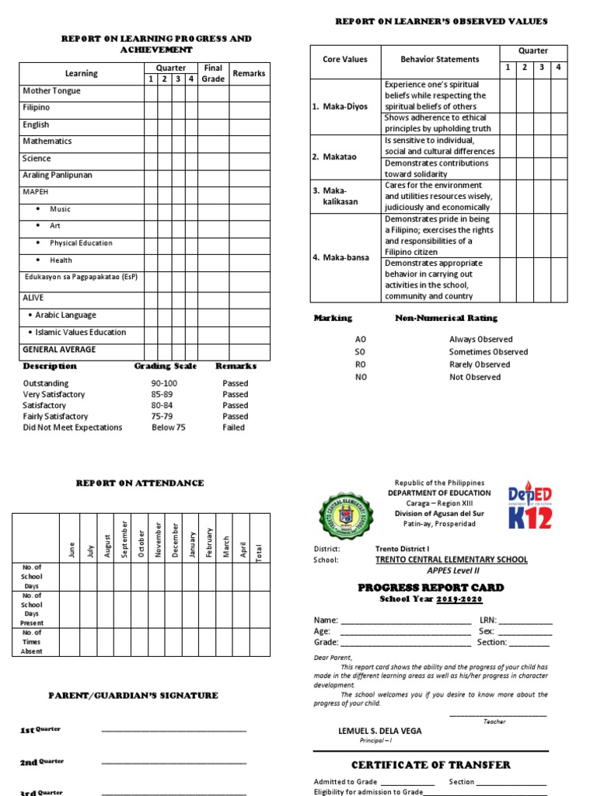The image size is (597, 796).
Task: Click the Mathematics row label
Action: point(47,141)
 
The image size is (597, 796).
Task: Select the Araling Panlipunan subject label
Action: point(58,176)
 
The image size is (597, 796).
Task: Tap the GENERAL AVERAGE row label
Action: point(59,350)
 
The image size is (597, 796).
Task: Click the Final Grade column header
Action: point(213,73)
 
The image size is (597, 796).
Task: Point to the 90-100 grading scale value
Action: point(164,383)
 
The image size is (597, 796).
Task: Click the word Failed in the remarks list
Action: point(233,428)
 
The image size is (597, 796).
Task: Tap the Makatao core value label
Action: point(338,157)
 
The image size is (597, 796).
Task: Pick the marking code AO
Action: point(360,340)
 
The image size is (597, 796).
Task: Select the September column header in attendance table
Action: point(124,538)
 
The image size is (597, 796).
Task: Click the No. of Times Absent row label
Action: point(32,642)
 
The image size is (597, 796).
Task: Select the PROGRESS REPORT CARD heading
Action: point(431,588)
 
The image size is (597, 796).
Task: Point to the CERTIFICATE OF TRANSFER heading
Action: point(431,765)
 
